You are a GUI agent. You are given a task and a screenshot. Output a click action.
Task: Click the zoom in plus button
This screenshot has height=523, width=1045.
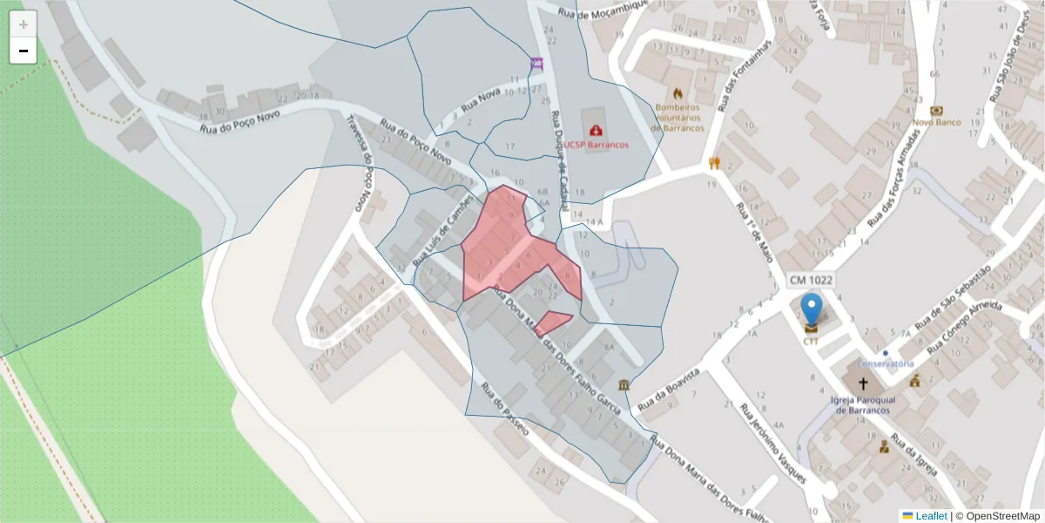coord(24,24)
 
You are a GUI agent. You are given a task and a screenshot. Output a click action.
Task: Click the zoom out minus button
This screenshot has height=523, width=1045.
coord(24,51)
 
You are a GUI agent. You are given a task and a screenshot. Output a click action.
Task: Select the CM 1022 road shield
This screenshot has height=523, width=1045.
coord(811,281)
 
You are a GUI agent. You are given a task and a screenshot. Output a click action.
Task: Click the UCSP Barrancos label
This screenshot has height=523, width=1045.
coord(595,145)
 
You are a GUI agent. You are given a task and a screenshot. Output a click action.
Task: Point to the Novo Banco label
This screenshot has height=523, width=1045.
coord(936,122)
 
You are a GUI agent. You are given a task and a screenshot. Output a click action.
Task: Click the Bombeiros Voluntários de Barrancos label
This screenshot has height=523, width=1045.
coord(678,118)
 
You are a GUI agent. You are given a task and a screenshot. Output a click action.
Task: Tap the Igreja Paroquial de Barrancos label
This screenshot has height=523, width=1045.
coord(863,405)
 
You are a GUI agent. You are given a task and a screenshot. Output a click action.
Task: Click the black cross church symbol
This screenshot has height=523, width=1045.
coord(863,384)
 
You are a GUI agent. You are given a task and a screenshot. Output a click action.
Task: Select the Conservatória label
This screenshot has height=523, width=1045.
coord(885,363)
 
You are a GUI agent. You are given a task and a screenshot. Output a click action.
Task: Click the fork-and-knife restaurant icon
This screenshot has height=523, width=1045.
coord(714,162)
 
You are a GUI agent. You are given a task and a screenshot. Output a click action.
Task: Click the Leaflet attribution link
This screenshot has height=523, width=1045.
coord(931,516)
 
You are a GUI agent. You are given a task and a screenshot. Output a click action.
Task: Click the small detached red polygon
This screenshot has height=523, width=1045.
coord(552,321)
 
